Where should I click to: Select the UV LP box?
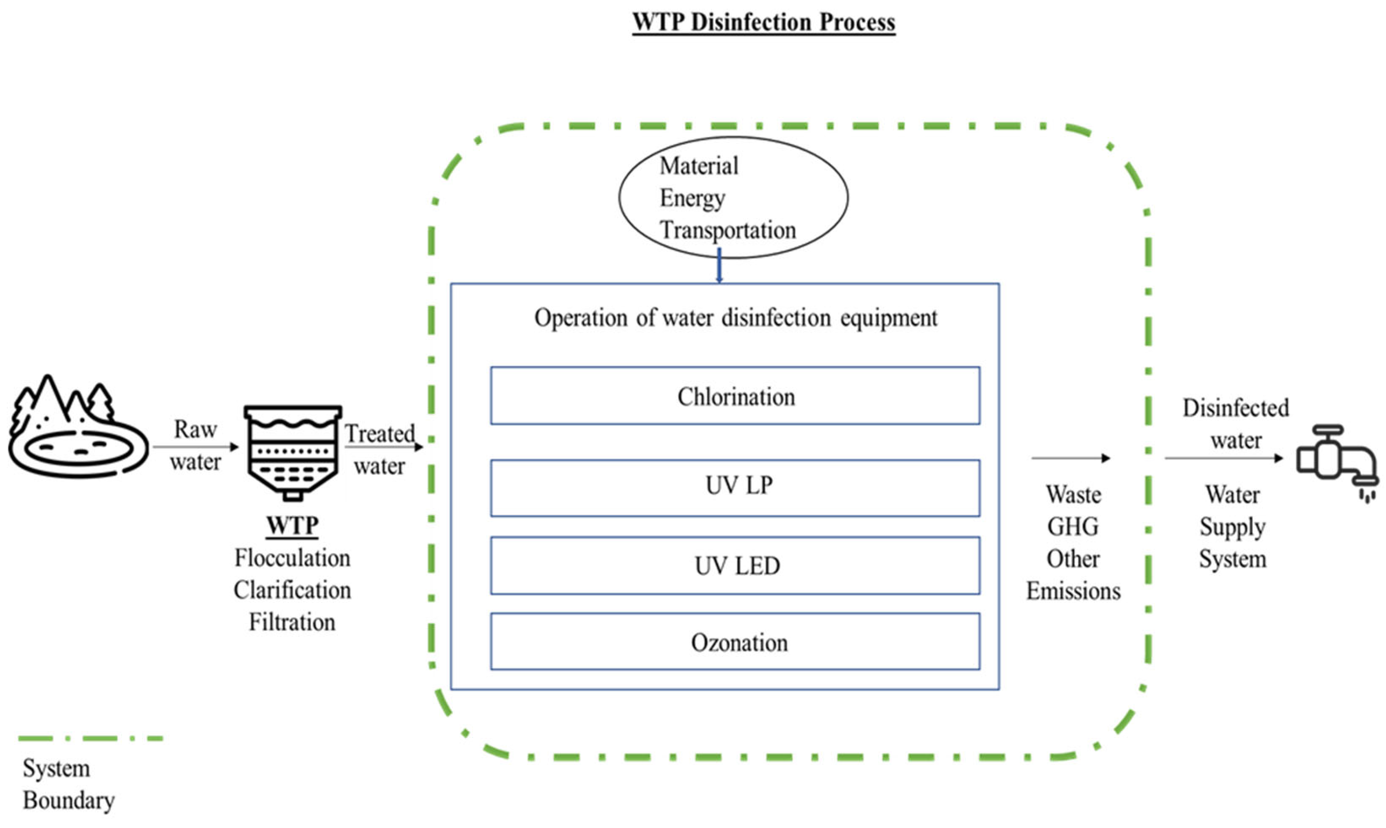[735, 487]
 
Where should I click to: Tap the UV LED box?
[735, 566]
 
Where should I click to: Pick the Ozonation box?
[735, 642]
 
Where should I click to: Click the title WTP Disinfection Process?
[763, 22]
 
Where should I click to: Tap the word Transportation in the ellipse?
[728, 230]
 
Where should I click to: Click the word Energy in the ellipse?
[692, 198]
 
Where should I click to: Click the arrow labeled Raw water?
[196, 447]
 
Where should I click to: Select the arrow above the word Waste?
[1070, 459]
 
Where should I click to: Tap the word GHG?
[1073, 527]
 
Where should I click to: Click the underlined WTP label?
[292, 525]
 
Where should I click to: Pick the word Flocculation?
[292, 558]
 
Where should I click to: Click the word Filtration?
[292, 622]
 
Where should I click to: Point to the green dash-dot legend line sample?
[91, 738]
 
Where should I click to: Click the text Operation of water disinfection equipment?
[735, 318]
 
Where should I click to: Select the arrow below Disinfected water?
[1223, 459]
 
